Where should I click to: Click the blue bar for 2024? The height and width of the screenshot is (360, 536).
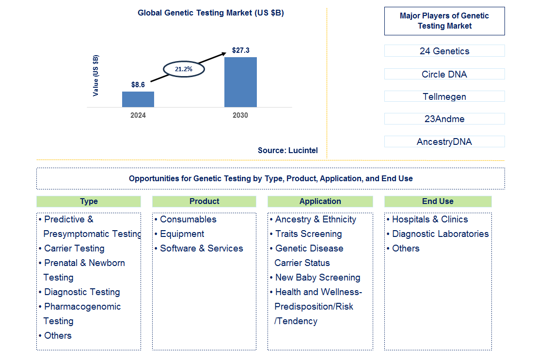point(138,99)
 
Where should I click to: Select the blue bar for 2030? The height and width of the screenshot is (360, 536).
point(240,82)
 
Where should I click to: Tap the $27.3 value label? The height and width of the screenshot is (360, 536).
point(240,50)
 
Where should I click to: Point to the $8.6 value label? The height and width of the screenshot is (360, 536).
point(138,85)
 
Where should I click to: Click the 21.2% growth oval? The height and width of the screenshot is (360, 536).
point(184,69)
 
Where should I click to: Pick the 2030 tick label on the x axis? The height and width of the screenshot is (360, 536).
point(240,115)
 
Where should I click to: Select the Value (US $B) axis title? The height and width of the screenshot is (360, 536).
point(95,76)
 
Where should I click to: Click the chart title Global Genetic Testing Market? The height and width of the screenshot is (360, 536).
point(211,13)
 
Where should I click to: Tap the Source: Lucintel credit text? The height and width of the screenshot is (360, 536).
point(288,150)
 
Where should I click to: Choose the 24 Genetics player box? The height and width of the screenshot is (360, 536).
point(444,51)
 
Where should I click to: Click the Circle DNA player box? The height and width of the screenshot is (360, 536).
point(444,74)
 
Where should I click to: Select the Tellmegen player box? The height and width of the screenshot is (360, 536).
point(444,96)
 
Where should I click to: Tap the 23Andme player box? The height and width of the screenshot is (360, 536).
point(444,119)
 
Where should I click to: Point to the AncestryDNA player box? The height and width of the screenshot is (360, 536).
point(444,141)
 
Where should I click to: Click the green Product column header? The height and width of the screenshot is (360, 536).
point(204,202)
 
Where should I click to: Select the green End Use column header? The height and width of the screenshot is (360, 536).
point(438,202)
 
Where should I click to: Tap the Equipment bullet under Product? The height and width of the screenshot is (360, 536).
point(182,234)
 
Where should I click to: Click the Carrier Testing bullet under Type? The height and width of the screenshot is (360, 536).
point(74,249)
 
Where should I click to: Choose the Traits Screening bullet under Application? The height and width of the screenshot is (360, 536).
point(308,234)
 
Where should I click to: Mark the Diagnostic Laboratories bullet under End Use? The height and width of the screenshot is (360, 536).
point(440,234)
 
